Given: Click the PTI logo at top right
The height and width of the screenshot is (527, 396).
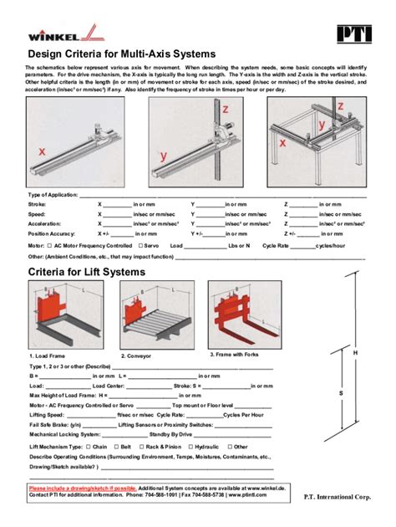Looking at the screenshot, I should tap(352, 34).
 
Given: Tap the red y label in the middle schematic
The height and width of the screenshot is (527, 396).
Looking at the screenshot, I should tap(164, 155).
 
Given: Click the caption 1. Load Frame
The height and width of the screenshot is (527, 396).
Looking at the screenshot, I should tap(48, 356).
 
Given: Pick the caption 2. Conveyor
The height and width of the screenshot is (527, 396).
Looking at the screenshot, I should tap(135, 356).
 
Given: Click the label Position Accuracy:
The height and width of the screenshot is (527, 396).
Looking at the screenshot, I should tap(51, 235).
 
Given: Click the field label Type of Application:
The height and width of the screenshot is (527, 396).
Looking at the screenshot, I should tap(56, 194).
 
